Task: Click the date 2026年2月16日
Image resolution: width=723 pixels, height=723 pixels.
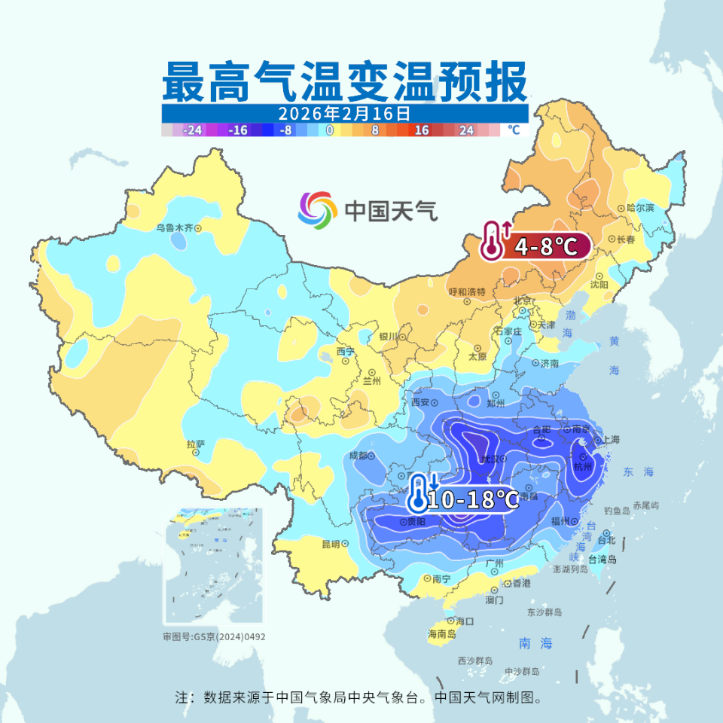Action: [344, 114]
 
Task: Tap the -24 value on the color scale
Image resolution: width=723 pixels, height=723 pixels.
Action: [193, 130]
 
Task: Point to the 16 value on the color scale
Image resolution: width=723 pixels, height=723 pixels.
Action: [421, 130]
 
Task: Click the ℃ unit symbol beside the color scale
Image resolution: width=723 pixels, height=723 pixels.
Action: [514, 130]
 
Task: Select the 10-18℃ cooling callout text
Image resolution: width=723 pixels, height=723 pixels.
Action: [473, 499]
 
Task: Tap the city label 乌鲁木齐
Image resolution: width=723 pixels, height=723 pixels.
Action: [175, 227]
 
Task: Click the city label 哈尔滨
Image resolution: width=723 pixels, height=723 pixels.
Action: [640, 207]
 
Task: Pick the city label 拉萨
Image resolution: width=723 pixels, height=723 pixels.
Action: [195, 444]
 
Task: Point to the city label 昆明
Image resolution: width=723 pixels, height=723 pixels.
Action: [331, 543]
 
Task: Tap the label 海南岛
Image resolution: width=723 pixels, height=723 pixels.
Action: [441, 634]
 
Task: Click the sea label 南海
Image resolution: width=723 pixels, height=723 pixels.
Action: [535, 643]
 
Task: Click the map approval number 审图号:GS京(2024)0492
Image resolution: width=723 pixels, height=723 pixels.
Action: [214, 636]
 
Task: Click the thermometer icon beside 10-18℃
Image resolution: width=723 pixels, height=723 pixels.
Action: [417, 495]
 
